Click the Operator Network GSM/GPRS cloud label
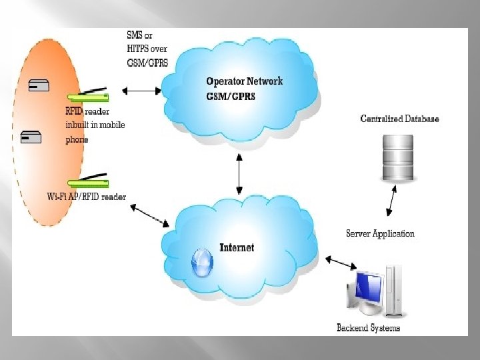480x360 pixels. [x=244, y=88]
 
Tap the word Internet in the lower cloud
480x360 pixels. [x=237, y=247]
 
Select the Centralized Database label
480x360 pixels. [x=399, y=119]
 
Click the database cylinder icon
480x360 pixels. [x=397, y=158]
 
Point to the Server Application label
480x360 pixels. [x=380, y=233]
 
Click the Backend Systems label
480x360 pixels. [x=368, y=327]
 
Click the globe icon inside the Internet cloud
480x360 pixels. [x=202, y=263]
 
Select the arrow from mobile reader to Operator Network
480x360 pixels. [x=142, y=89]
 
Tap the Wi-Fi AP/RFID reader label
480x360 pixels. [x=86, y=196]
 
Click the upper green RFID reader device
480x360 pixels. [x=87, y=95]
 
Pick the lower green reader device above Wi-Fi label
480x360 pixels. [x=87, y=181]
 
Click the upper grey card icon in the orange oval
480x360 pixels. [x=39, y=85]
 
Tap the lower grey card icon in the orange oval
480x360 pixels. [x=31, y=138]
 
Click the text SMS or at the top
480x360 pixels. [x=139, y=35]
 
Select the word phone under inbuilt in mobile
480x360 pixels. [x=77, y=140]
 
